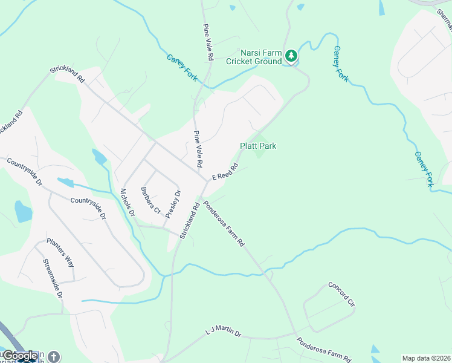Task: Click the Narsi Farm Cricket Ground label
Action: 254,57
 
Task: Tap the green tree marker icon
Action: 292,56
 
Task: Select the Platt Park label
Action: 258,146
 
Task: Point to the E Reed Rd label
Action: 223,172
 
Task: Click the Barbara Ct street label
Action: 150,201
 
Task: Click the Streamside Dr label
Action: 53,278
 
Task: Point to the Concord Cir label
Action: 340,293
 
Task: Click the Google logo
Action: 21,356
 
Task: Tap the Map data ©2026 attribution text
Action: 426,358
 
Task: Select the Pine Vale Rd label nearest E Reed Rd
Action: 197,149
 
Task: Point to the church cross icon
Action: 54,357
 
